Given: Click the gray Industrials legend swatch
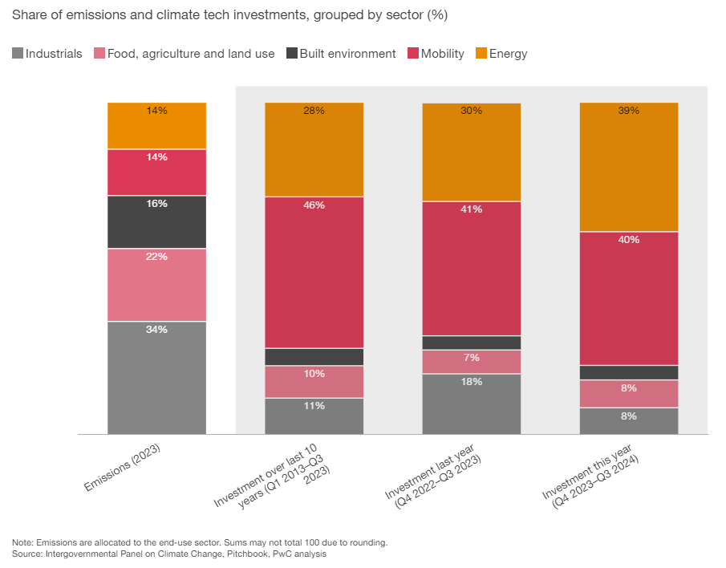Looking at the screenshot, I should click(x=18, y=54).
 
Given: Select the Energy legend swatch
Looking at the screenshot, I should click(x=481, y=54).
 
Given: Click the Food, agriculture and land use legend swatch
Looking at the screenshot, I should click(x=99, y=54).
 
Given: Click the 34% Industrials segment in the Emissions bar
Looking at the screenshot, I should click(x=156, y=377).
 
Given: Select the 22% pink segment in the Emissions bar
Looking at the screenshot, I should click(x=156, y=285).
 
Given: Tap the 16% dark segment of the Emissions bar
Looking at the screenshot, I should click(x=156, y=222).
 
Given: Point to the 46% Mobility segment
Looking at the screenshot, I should click(x=314, y=273).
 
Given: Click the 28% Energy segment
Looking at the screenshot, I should click(x=314, y=150).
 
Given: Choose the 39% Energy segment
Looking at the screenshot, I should click(x=629, y=167).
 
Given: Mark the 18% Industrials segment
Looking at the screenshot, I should click(x=472, y=404).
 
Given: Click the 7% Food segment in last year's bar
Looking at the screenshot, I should click(x=472, y=362).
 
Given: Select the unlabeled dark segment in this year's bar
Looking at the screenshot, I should click(x=629, y=372).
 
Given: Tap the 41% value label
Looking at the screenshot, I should click(x=472, y=209).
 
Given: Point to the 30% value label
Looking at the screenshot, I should click(x=472, y=111).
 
